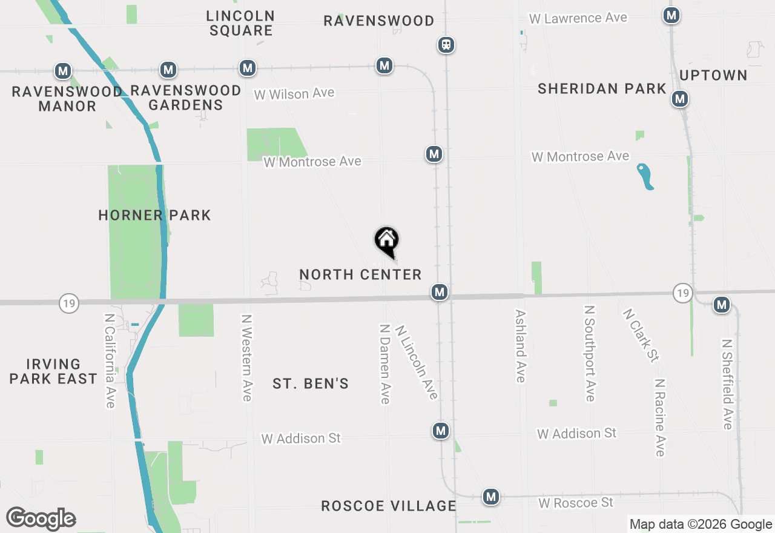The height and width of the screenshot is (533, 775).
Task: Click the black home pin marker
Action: click(x=387, y=240)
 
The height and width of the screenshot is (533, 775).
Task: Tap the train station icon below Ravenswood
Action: click(x=446, y=45)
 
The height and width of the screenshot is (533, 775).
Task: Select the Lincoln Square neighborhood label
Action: click(x=240, y=23)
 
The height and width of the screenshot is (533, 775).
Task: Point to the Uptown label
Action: click(x=713, y=75)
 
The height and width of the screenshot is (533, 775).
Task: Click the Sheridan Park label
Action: click(x=602, y=88)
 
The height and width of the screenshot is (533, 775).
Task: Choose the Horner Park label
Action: click(x=154, y=215)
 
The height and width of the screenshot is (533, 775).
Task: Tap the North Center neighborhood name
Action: click(x=360, y=274)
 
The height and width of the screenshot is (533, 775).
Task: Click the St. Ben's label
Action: click(x=311, y=383)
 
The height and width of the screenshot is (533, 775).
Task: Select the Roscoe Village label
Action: click(x=388, y=506)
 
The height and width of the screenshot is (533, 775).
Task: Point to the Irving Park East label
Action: click(x=53, y=371)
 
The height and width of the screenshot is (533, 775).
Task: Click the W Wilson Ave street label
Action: click(x=294, y=94)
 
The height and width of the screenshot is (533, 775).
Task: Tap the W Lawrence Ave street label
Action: click(x=578, y=18)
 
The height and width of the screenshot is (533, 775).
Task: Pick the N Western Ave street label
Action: click(x=246, y=357)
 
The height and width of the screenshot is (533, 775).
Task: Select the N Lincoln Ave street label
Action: click(x=416, y=362)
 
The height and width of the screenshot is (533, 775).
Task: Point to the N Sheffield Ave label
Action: click(x=727, y=383)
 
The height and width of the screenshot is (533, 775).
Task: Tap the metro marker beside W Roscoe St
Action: click(x=491, y=497)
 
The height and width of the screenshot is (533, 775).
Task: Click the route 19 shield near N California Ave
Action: click(x=69, y=303)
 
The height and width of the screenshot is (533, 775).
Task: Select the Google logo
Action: click(x=41, y=519)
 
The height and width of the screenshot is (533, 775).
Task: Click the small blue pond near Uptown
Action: click(x=645, y=176)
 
